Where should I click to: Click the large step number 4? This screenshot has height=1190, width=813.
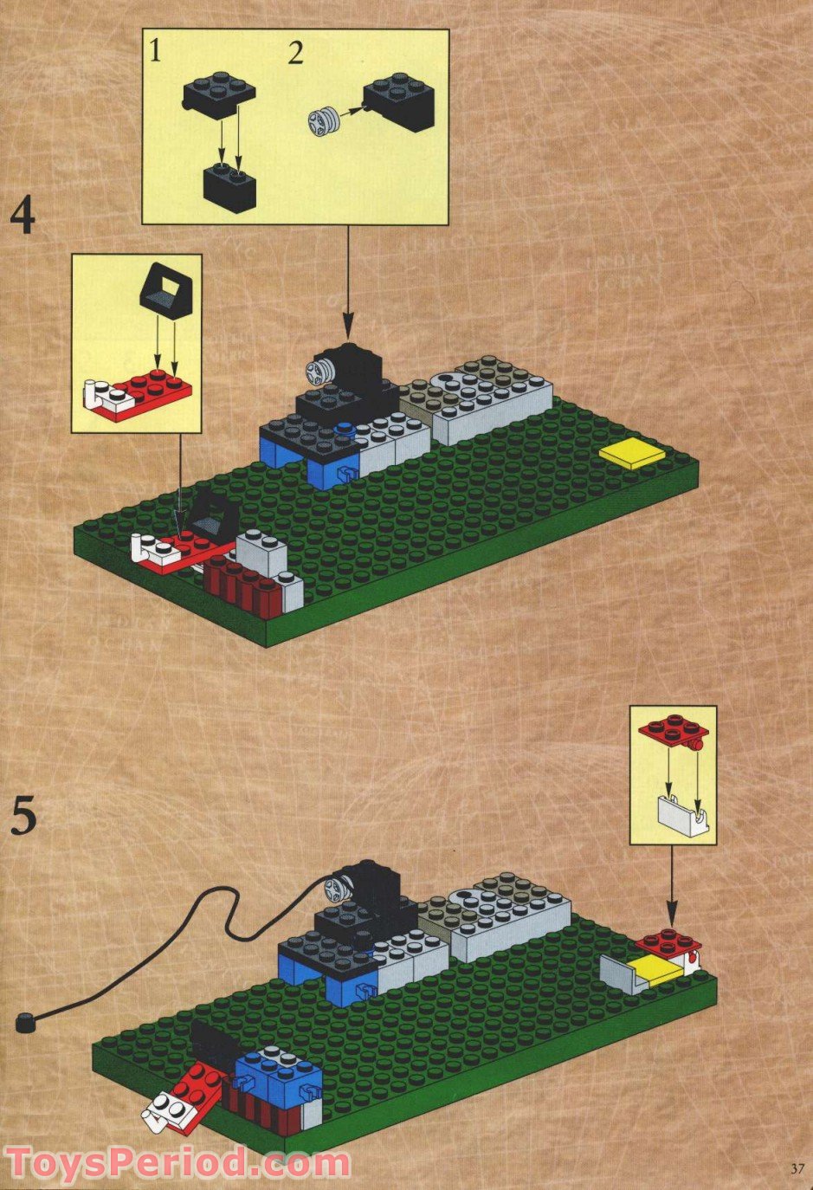(x=23, y=217)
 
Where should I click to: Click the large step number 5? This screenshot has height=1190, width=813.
(x=24, y=817)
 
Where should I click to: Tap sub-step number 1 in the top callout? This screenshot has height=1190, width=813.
(x=155, y=53)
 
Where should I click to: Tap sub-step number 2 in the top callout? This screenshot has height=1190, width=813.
(x=296, y=54)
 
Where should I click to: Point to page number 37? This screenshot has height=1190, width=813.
(x=796, y=1168)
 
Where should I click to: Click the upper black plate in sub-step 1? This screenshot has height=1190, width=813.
(x=219, y=95)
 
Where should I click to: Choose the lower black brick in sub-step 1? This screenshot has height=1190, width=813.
(x=229, y=185)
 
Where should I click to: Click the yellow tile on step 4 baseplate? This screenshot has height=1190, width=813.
(x=633, y=455)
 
